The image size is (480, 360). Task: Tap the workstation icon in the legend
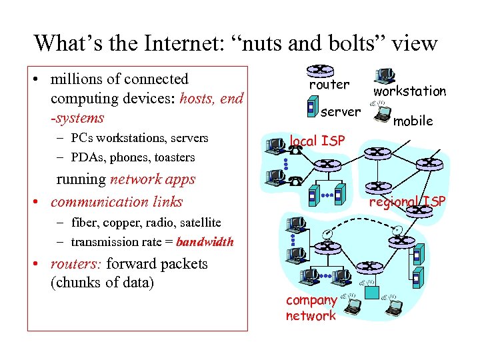[x=385, y=76]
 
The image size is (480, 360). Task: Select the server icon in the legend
[x=311, y=107]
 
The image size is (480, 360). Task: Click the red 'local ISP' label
[x=317, y=141]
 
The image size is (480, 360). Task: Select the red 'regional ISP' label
[x=407, y=201]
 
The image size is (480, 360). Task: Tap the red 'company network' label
[x=311, y=308]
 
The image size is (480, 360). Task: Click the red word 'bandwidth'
[x=205, y=242]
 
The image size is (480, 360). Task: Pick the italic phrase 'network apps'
[x=153, y=179]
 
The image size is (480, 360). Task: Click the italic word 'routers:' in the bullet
[x=75, y=263]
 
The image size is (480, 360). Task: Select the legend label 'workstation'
[x=409, y=91]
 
